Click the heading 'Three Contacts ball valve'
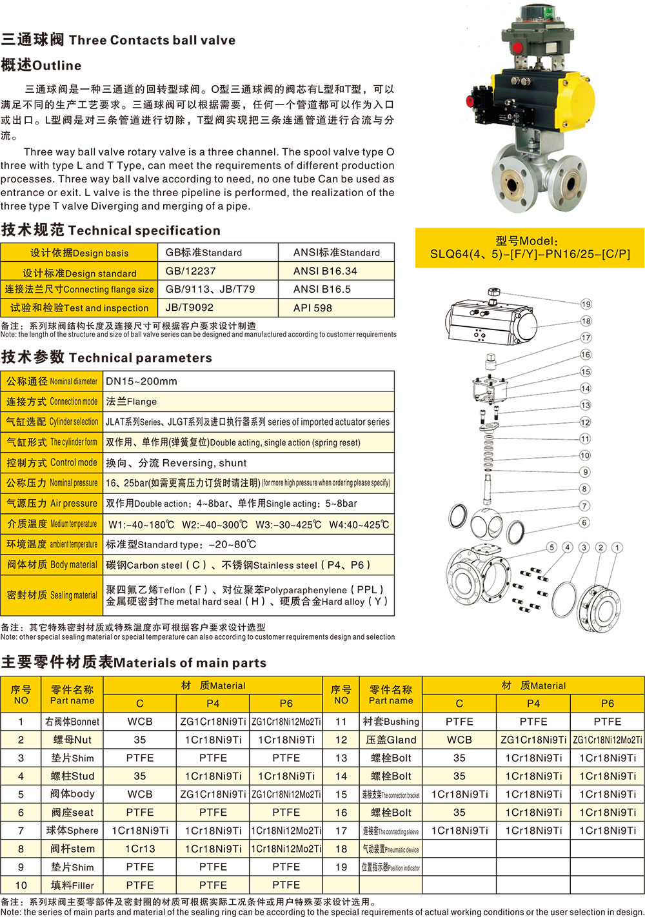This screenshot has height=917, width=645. pyautogui.click(x=152, y=40)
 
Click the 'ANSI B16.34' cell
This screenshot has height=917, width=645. pyautogui.click(x=324, y=271)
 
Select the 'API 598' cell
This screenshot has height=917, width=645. pyautogui.click(x=313, y=308)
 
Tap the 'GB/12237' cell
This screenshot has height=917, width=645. pyautogui.click(x=190, y=271)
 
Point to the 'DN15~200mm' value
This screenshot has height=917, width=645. pyautogui.click(x=141, y=381)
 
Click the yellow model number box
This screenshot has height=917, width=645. pyautogui.click(x=530, y=248)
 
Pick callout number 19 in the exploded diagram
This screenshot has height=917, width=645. pyautogui.click(x=586, y=304)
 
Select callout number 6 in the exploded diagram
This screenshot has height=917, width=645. pyautogui.click(x=584, y=522)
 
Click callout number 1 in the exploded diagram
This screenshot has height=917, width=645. pyautogui.click(x=617, y=547)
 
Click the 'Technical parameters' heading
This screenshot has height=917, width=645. pyautogui.click(x=140, y=358)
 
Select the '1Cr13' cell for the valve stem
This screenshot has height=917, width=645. pyautogui.click(x=140, y=849)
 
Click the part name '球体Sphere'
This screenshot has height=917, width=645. pyautogui.click(x=72, y=831)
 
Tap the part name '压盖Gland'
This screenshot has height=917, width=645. pyautogui.click(x=392, y=740)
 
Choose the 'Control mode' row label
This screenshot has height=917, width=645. pyautogui.click(x=52, y=462)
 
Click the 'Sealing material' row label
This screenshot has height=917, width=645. pyautogui.click(x=52, y=595)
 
